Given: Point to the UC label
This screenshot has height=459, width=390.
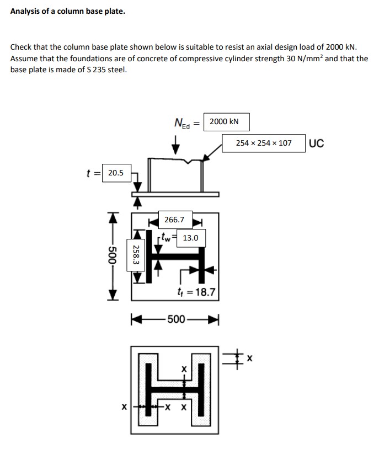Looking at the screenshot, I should (x=317, y=143).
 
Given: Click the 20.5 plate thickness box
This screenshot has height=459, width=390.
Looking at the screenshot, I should (x=116, y=173).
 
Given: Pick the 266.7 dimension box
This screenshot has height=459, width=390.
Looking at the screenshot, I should (x=174, y=220).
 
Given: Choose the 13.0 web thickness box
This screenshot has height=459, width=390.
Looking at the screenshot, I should (x=191, y=238).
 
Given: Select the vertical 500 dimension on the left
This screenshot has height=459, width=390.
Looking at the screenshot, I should (x=112, y=257).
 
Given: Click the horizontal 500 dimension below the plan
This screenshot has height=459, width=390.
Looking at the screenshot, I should (x=176, y=319).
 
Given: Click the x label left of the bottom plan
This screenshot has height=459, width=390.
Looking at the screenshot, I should (x=125, y=407).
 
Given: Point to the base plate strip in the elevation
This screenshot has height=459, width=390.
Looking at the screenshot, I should (x=175, y=194).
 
